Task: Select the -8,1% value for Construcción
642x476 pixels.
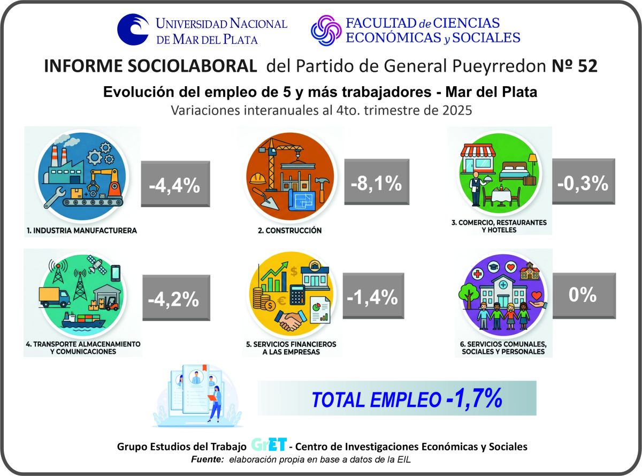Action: pos(376,182)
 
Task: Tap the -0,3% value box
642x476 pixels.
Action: pos(583,182)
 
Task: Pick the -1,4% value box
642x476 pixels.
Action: pos(372,296)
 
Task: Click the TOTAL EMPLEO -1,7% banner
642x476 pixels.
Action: pos(396,398)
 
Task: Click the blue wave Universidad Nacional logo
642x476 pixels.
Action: pos(134,30)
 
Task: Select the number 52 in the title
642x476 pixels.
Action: pos(585,66)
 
